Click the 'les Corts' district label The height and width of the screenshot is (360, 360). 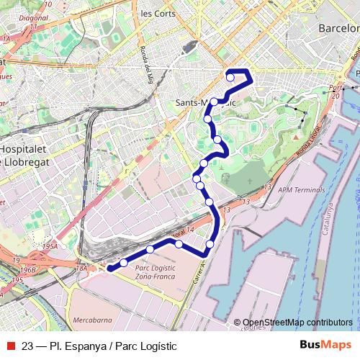pos(158,13)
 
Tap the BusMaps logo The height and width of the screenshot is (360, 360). pos(325,346)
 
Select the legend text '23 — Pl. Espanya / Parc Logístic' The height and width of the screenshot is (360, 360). pos(99,346)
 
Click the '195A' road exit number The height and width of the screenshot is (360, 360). pos(50,246)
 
